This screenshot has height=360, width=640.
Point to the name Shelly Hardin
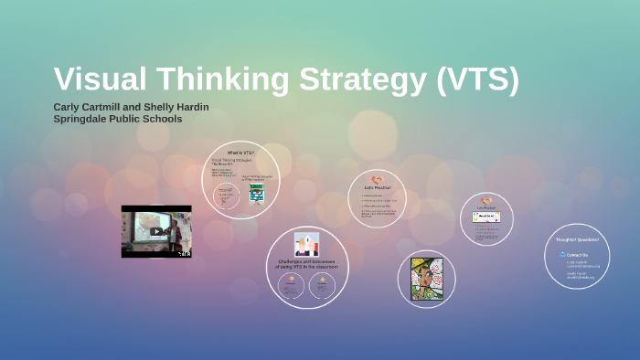pyautogui.click(x=182, y=107)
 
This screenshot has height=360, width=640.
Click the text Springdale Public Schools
pyautogui.click(x=117, y=119)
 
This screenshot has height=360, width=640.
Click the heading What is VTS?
pyautogui.click(x=240, y=152)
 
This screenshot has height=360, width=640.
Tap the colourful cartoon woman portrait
pyautogui.click(x=426, y=279)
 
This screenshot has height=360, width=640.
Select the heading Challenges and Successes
pyautogui.click(x=307, y=263)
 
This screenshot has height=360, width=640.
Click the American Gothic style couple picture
pyautogui.click(x=306, y=244)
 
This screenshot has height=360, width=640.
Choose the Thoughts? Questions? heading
pyautogui.click(x=577, y=240)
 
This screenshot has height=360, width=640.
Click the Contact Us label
pyautogui.click(x=578, y=255)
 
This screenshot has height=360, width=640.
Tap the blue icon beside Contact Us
pyautogui.click(x=562, y=255)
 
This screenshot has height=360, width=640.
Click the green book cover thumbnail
pyautogui.click(x=256, y=194)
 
